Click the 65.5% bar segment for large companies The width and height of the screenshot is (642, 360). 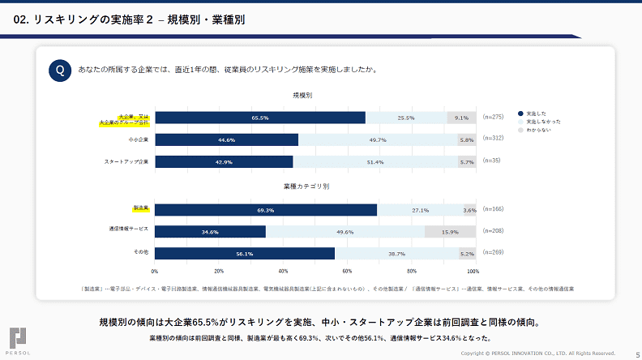coord(259,118)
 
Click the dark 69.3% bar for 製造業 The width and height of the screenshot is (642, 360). coord(265,210)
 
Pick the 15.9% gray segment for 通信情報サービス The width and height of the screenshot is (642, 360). coord(450,232)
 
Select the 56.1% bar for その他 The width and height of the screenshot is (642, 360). coord(244,254)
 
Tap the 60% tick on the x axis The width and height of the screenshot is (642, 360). coord(347,271)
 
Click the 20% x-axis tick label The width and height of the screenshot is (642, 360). coord(219,271)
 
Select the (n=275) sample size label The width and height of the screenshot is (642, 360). coord(493,118)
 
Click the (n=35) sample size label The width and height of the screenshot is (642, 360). coord(491,161)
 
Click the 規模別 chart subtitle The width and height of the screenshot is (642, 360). coord(303,96)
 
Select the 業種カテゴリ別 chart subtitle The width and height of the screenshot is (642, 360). coord(306,186)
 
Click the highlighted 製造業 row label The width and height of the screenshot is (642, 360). coord(140,208)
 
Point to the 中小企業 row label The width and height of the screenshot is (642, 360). coord(138,139)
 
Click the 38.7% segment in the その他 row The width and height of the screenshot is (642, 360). coord(396,254)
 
